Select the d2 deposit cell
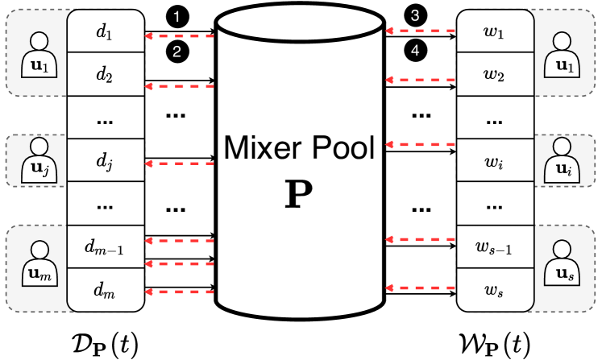click(105, 77)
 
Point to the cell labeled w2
click(494, 77)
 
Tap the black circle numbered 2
click(175, 52)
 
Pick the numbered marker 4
click(415, 52)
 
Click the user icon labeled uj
click(35, 160)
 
